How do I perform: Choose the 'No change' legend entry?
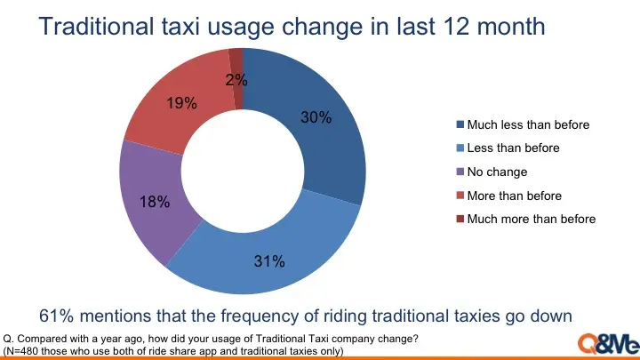click(497, 172)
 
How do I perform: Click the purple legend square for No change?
click(460, 172)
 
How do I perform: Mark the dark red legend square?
click(460, 219)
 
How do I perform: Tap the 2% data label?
click(236, 80)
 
